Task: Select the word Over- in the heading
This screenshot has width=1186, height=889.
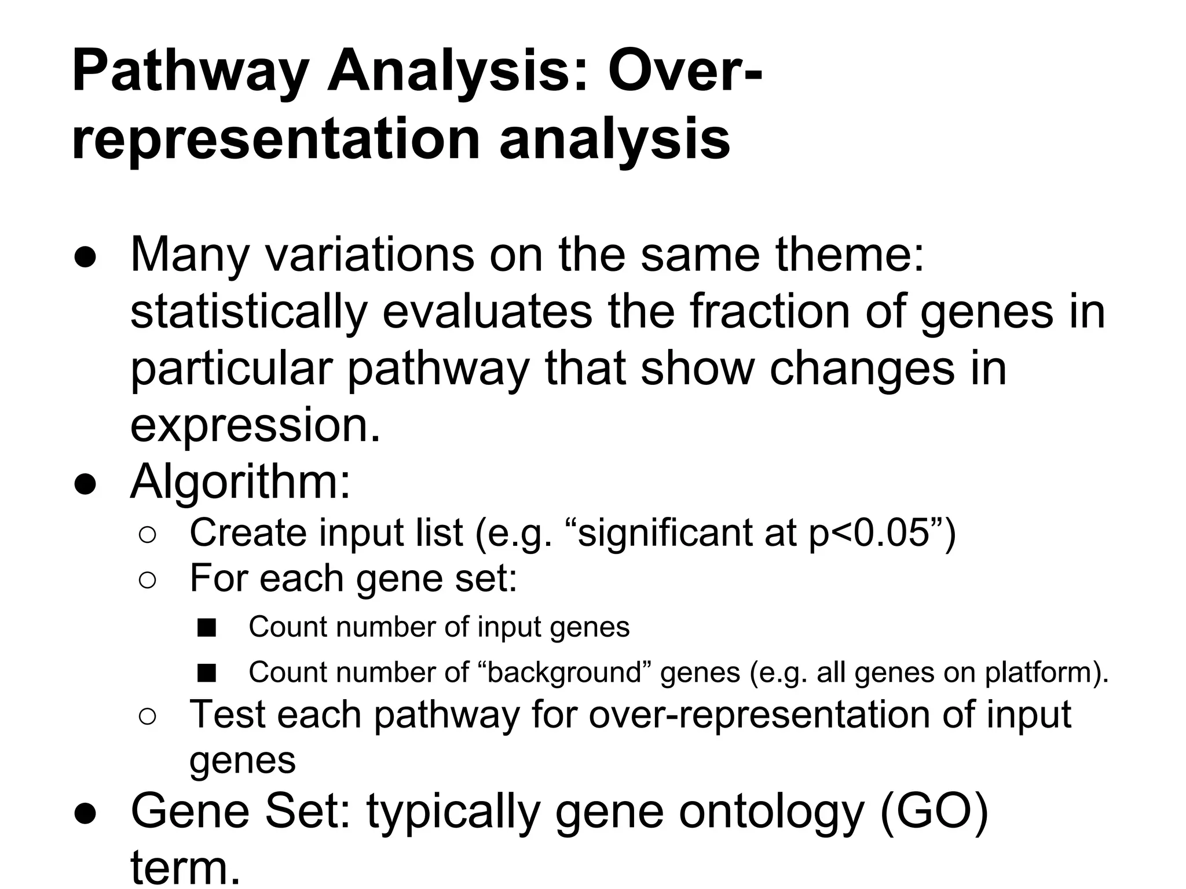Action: (x=684, y=73)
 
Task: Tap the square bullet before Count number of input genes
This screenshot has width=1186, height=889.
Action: (x=206, y=627)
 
